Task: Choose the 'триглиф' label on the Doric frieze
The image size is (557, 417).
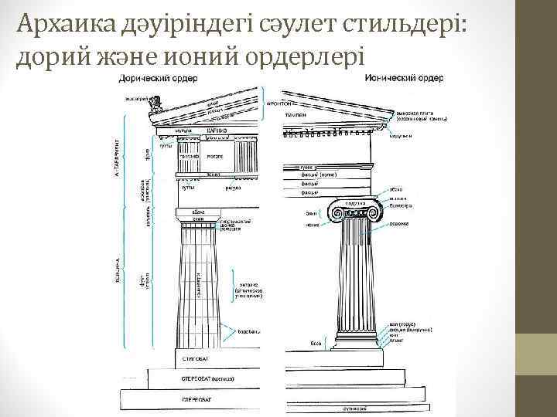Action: pos(189,155)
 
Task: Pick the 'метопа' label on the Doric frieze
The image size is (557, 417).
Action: pos(214,155)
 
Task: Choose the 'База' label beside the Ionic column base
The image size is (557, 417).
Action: pos(316,342)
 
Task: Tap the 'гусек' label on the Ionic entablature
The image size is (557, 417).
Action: pos(306,166)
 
